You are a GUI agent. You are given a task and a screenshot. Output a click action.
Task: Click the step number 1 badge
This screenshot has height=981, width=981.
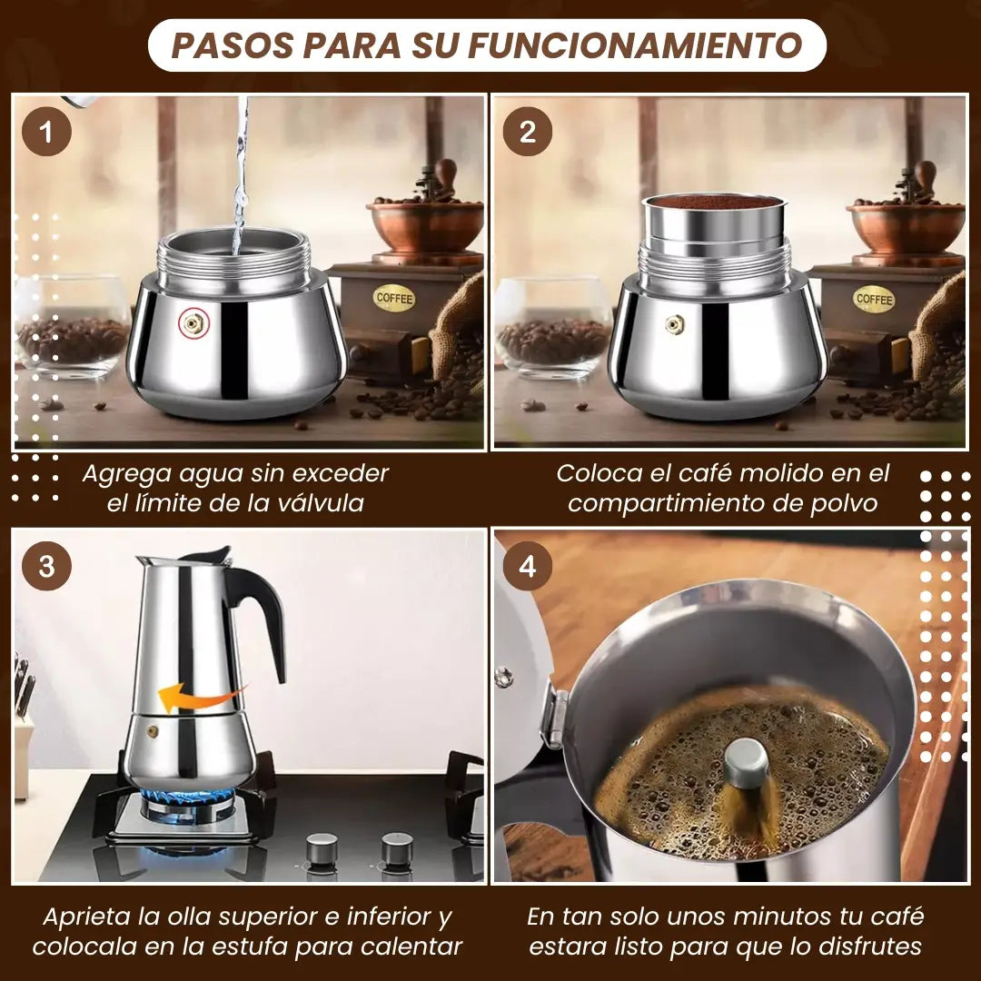[x=46, y=132]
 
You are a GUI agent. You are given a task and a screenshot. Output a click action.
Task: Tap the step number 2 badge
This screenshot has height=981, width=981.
[x=528, y=132]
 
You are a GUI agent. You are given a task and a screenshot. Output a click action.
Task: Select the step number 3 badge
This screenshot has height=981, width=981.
[x=46, y=566]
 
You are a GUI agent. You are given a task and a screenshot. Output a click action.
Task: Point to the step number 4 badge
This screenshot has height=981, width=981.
[x=528, y=566]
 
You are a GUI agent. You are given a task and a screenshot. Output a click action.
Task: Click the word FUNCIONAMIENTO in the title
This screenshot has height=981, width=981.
[x=635, y=45]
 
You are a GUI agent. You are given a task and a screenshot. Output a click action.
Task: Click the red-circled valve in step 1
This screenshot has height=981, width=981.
[x=193, y=323]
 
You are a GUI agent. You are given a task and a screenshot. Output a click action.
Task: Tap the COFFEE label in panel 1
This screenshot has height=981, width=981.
[x=394, y=299]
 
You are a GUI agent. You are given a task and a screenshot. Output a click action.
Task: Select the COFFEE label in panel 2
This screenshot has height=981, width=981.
[x=874, y=299]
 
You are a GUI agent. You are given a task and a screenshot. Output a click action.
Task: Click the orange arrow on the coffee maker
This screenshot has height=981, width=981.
[x=199, y=697]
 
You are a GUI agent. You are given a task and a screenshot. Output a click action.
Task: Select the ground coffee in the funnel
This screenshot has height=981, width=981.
[x=713, y=202]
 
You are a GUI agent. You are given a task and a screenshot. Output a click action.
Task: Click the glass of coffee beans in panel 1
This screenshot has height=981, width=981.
[x=73, y=326]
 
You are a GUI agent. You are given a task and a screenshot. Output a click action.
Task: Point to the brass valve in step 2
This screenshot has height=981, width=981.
[x=674, y=324]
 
